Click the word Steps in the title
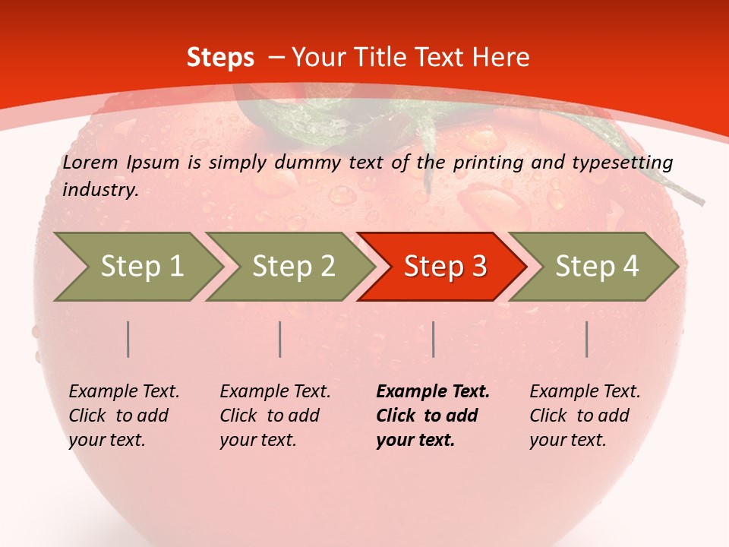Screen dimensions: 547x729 click(220, 58)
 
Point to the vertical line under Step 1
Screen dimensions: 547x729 click(128, 339)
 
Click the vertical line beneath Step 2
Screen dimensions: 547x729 click(280, 339)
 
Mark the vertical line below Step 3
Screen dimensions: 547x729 click(434, 339)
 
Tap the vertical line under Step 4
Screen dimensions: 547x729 click(587, 339)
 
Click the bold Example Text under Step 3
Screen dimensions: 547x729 click(433, 416)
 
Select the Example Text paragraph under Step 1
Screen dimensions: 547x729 click(124, 416)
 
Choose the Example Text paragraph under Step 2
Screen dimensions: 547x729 click(275, 416)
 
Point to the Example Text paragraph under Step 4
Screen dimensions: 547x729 click(585, 416)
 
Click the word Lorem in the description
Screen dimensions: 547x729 click(90, 163)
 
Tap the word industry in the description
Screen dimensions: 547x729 click(100, 190)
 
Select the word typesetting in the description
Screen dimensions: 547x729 click(630, 163)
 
